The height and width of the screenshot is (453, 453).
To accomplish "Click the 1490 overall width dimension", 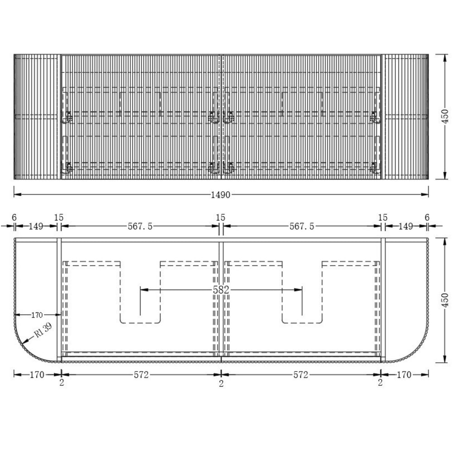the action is (221, 195).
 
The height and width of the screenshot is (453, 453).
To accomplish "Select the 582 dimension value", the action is (221, 290).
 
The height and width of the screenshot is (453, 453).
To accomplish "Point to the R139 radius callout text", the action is (43, 330).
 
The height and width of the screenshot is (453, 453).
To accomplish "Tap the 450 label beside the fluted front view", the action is (445, 116).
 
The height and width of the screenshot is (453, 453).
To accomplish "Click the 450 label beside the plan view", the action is (445, 300).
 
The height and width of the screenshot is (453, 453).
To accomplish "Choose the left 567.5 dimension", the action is (140, 226).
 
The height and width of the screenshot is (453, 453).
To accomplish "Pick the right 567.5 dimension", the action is (302, 226).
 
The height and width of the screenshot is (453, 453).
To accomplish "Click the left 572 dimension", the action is (141, 375).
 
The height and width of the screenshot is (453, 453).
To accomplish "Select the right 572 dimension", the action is (301, 375).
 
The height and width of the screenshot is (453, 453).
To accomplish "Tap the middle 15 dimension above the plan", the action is (221, 217).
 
